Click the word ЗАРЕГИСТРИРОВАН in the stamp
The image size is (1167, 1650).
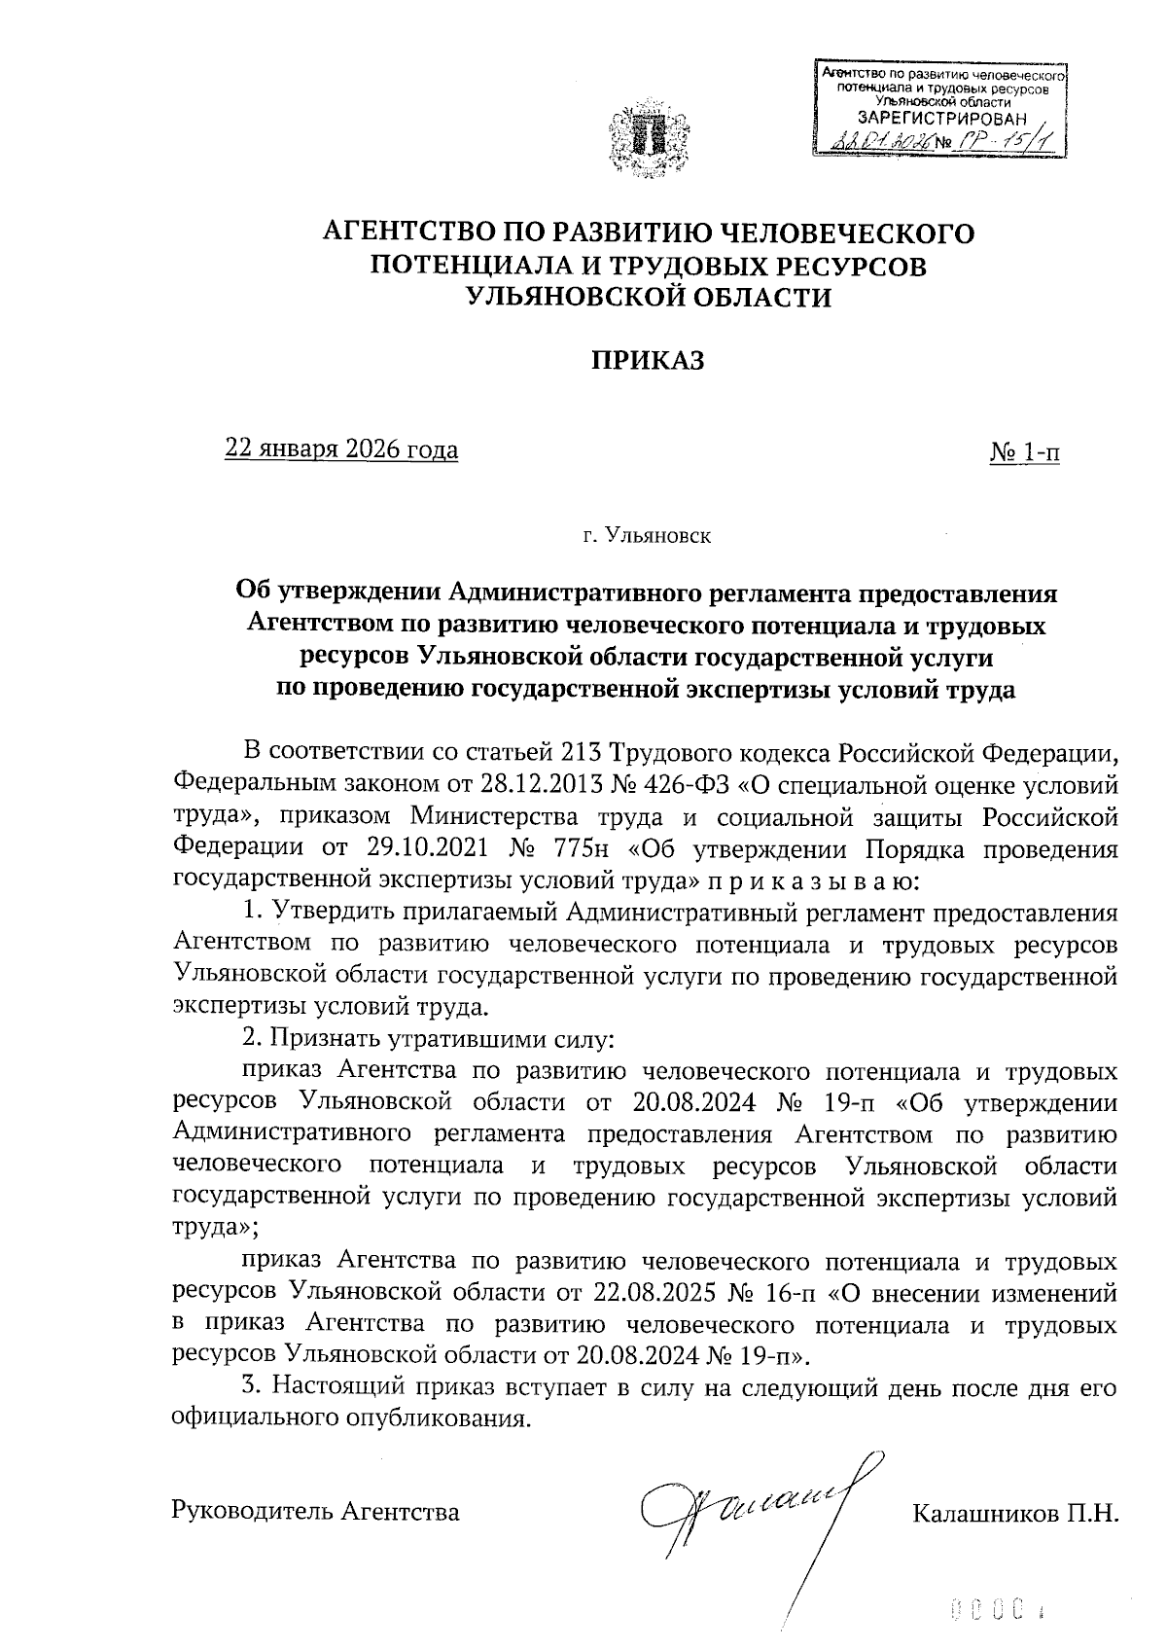point(934,118)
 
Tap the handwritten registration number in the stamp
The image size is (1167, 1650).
point(1002,143)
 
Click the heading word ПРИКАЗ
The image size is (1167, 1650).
point(648,361)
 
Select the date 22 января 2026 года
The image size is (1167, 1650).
point(341,450)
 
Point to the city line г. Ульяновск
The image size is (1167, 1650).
point(647,536)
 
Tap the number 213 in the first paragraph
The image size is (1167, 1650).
point(583,752)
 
